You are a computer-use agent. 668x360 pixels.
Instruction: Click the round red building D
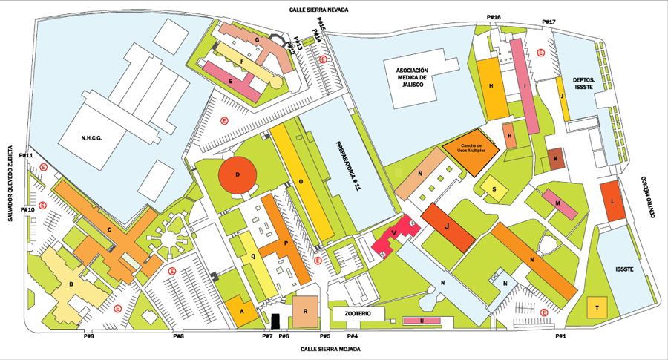point(238,175)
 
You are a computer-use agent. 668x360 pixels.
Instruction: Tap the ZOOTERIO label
point(364,315)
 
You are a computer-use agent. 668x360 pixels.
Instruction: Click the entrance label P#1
point(560,336)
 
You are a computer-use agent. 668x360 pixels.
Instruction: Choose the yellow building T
point(597,307)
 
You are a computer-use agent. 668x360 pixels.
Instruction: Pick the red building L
point(612,200)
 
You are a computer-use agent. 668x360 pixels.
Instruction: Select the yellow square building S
point(494,189)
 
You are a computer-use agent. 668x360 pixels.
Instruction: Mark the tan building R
point(305,311)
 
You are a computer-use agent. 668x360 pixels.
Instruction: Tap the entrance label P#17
point(549,22)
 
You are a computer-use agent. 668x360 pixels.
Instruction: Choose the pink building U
point(422,321)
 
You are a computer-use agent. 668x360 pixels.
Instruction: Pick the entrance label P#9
point(88,336)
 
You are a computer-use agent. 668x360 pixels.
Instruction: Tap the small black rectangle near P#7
point(275,321)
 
